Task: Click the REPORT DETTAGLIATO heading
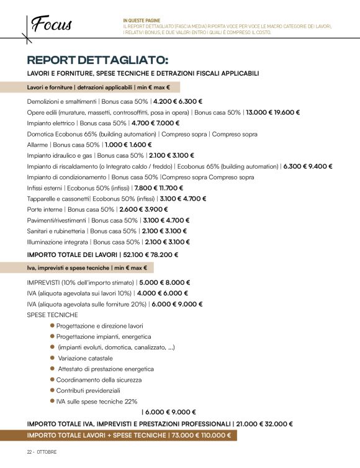tap(97, 60)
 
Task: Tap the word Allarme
tap(38, 144)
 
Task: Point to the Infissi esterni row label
tap(45, 187)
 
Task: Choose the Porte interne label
tap(45, 209)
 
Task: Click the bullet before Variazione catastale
tap(53, 358)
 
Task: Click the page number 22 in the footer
tap(29, 451)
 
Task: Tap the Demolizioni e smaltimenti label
tap(62, 101)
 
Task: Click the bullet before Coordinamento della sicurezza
tap(53, 380)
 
